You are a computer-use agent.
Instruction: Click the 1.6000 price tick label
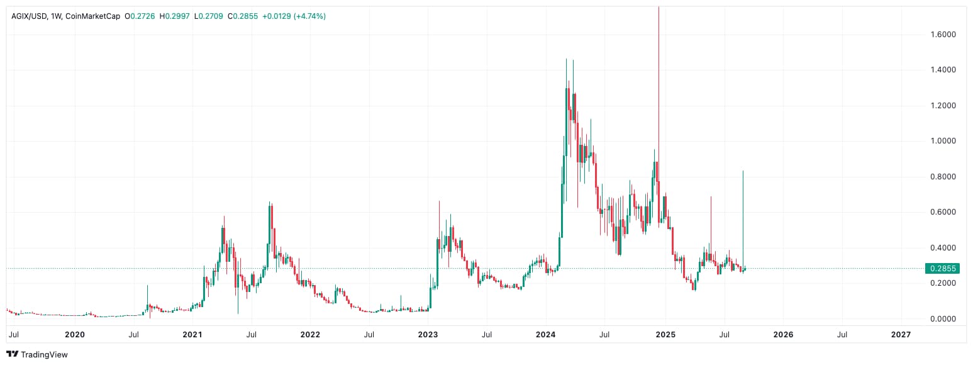click(x=943, y=34)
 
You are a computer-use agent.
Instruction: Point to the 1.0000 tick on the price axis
click(x=943, y=141)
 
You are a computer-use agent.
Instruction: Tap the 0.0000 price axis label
click(x=943, y=319)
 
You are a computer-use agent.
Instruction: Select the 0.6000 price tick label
click(x=943, y=212)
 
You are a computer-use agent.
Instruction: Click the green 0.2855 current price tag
click(x=942, y=269)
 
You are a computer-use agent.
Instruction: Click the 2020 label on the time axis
click(x=75, y=335)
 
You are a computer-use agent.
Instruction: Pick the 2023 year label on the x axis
click(x=428, y=335)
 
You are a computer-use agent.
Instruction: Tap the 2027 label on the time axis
click(x=901, y=335)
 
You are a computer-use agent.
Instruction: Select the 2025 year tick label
click(x=665, y=335)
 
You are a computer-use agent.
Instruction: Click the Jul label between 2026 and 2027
click(x=842, y=335)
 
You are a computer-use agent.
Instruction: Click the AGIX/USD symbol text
click(x=31, y=16)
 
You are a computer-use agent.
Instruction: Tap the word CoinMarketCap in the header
click(x=92, y=16)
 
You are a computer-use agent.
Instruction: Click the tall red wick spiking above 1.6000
click(x=659, y=63)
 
